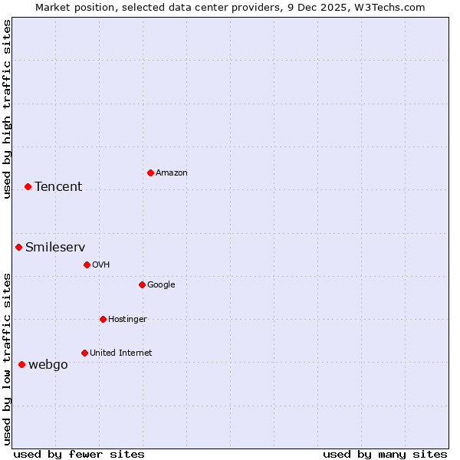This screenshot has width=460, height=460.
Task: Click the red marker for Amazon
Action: tap(150, 172)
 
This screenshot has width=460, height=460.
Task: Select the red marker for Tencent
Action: tap(28, 186)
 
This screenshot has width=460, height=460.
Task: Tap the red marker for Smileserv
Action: tap(18, 247)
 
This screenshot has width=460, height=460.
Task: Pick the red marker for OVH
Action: tap(87, 264)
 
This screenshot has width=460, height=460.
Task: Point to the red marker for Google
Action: tap(142, 284)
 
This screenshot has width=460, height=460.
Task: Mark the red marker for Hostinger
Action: tap(103, 319)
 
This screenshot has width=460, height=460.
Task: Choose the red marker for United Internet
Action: tap(84, 353)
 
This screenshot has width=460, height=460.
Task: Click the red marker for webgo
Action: tap(21, 364)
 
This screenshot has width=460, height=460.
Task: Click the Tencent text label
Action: tap(58, 187)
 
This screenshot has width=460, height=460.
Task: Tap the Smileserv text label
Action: tap(55, 247)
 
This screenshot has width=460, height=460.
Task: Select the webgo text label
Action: tap(48, 365)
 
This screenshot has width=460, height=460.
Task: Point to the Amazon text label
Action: tap(172, 173)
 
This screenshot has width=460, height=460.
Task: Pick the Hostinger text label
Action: tap(127, 320)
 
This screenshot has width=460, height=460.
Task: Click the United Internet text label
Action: tap(121, 353)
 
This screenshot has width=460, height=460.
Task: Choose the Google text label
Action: tap(161, 285)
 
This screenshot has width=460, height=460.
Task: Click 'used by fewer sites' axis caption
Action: tap(79, 454)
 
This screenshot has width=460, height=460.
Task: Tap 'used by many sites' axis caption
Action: tap(385, 454)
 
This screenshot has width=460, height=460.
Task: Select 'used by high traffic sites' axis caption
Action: tap(7, 110)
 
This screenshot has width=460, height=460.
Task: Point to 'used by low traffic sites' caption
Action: tap(7, 359)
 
